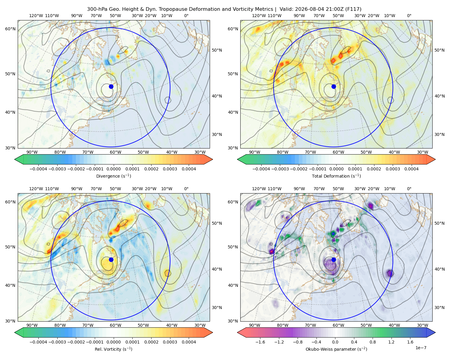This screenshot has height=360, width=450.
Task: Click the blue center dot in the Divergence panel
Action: (x=111, y=86)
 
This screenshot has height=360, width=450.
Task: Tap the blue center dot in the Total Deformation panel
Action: (x=334, y=86)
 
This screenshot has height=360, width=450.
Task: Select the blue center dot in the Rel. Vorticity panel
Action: (x=111, y=259)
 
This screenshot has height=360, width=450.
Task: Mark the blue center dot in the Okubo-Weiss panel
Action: (x=334, y=259)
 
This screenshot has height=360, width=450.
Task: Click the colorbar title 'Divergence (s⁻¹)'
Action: (x=113, y=176)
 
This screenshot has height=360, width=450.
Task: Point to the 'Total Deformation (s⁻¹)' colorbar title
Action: (x=336, y=176)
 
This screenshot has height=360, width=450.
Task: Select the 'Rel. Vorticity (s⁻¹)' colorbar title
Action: (x=113, y=349)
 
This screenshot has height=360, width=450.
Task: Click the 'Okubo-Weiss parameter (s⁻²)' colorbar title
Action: (x=336, y=349)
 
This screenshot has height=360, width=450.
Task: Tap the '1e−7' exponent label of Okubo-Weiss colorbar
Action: (x=421, y=348)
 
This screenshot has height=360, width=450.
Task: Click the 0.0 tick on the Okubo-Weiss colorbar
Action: (x=335, y=342)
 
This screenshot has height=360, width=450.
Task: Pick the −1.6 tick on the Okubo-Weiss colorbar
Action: (x=260, y=342)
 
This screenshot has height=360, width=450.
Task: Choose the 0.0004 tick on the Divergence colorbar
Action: (x=189, y=169)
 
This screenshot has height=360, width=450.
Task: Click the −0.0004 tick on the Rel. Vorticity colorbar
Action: (x=38, y=342)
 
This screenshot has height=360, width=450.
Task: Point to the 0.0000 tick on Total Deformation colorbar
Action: (x=336, y=169)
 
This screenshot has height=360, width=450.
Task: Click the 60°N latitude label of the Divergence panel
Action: (x=10, y=29)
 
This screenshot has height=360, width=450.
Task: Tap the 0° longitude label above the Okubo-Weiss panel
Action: (x=409, y=189)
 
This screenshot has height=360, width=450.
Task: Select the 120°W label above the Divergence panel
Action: (x=36, y=16)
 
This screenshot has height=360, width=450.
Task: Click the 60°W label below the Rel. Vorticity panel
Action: (x=115, y=325)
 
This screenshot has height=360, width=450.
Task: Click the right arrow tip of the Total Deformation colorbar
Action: (x=435, y=159)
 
